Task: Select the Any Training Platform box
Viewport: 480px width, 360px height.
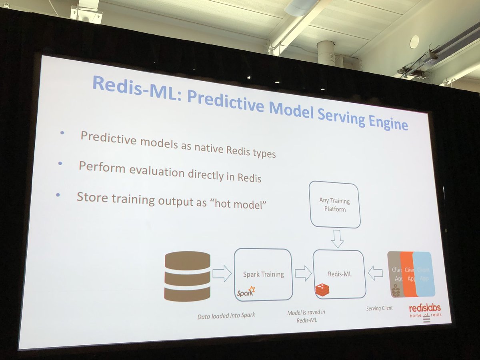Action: point(334,204)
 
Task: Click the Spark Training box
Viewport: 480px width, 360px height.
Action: point(263,274)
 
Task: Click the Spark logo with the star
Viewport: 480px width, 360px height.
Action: point(246,292)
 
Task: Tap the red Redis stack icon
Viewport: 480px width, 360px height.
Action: point(322,290)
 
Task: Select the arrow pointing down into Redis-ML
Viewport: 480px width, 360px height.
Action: point(337,238)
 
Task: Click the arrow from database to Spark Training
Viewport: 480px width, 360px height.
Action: point(222,274)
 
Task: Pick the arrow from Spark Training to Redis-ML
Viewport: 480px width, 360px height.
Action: point(303,274)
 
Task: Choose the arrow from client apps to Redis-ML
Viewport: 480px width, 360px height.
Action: point(375,274)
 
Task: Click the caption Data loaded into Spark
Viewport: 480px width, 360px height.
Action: point(226,316)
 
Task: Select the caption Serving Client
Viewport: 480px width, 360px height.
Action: point(379,308)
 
